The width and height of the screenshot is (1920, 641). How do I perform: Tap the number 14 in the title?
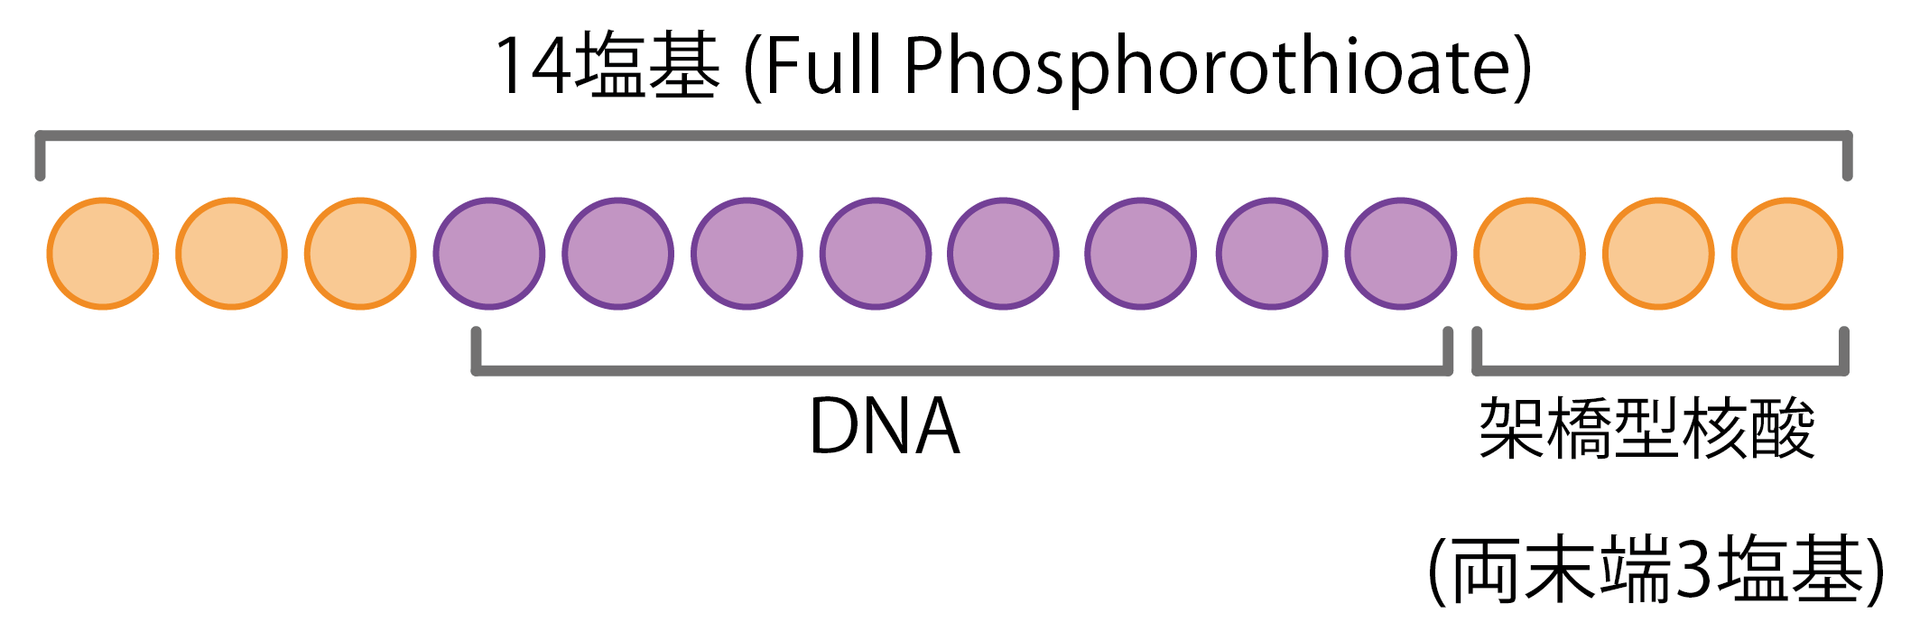click(x=532, y=65)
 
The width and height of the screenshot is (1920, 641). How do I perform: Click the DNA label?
click(x=884, y=427)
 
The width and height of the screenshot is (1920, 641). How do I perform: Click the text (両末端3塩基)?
click(x=1656, y=571)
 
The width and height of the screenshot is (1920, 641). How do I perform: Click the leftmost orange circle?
click(x=103, y=254)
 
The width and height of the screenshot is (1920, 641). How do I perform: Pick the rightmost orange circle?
click(x=1786, y=254)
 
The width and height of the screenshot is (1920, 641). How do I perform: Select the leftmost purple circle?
click(x=489, y=254)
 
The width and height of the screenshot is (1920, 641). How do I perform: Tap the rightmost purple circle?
click(x=1400, y=254)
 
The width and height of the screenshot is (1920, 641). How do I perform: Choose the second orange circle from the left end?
click(x=231, y=254)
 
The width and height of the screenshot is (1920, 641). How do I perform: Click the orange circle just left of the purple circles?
click(x=360, y=254)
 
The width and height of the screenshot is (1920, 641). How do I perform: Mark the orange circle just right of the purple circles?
click(x=1529, y=254)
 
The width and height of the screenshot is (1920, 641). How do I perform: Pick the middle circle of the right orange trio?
click(x=1658, y=254)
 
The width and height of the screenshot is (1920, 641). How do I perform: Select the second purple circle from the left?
click(x=618, y=254)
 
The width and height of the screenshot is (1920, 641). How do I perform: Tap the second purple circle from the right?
click(x=1272, y=254)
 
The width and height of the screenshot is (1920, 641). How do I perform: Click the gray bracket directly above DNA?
click(x=961, y=370)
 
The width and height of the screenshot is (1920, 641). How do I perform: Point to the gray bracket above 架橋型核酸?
click(x=1660, y=370)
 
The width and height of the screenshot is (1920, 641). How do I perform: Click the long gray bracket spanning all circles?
click(x=943, y=136)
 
